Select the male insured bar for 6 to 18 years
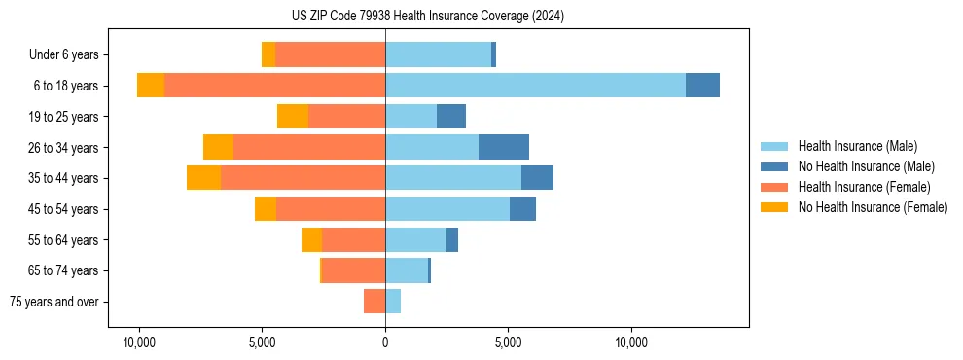(535, 86)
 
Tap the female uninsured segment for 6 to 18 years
(151, 86)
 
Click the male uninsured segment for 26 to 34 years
(504, 147)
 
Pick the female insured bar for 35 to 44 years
(303, 178)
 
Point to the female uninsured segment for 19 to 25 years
(293, 117)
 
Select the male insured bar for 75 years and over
(393, 302)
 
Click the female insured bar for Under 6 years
(330, 54)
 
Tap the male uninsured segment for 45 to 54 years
(522, 209)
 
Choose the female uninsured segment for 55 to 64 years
(311, 240)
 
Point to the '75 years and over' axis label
(53, 303)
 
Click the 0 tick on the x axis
(385, 342)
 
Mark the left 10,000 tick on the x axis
(139, 342)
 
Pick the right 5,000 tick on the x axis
(509, 342)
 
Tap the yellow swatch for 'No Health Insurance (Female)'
(775, 207)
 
